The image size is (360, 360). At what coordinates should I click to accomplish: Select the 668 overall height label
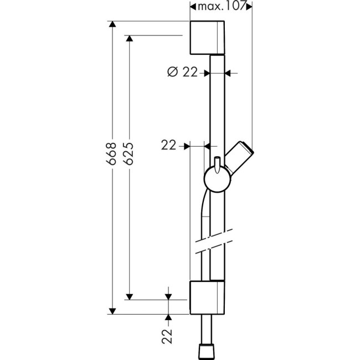(x=112, y=157)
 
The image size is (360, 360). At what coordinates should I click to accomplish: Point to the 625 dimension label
(x=130, y=157)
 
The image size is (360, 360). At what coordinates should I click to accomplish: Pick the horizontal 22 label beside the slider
(x=169, y=146)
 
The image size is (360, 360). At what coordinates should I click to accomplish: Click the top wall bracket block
(x=207, y=38)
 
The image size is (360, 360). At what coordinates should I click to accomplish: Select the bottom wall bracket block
(x=207, y=297)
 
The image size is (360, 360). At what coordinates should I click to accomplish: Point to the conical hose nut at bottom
(x=207, y=351)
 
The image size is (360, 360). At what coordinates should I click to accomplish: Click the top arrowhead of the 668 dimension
(x=112, y=24)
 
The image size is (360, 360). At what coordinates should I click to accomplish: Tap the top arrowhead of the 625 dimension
(x=130, y=39)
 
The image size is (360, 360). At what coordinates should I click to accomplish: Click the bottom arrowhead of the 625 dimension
(x=130, y=296)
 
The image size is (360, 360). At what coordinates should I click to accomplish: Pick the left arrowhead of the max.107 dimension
(x=193, y=6)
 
